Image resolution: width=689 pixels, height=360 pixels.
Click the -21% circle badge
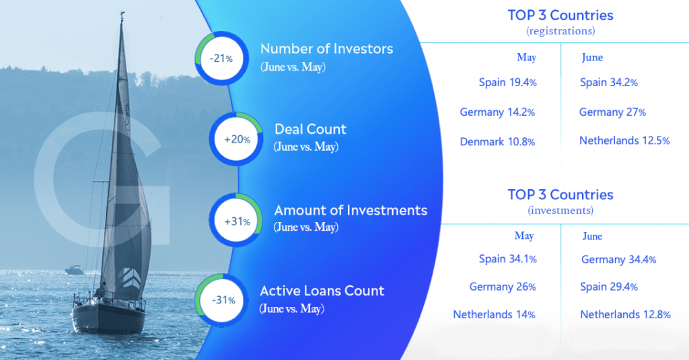222,58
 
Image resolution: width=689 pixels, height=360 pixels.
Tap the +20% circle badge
236,139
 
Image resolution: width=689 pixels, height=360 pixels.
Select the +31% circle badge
236,220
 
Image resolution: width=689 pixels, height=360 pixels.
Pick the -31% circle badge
222,301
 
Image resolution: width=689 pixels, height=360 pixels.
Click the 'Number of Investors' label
326,48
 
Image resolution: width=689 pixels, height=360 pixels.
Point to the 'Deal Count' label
310,129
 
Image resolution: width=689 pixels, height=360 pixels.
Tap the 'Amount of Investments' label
351,210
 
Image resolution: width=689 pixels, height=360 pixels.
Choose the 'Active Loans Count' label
322,291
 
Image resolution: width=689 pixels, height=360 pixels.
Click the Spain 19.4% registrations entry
507,82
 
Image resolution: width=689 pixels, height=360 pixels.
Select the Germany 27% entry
612,112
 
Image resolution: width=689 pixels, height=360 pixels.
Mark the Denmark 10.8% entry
497,141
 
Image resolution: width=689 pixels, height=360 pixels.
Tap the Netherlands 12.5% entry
624,141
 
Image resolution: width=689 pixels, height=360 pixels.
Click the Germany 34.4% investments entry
619,259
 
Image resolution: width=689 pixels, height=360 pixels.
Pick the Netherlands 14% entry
494,314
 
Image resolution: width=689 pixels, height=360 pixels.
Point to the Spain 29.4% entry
608,287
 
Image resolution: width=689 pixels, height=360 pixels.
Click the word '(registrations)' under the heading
560,31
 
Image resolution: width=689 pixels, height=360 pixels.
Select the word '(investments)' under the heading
560,211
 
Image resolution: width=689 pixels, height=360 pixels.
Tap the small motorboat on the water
74,270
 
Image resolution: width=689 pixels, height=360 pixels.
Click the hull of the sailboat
108,316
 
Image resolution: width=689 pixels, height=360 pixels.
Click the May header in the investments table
524,236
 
